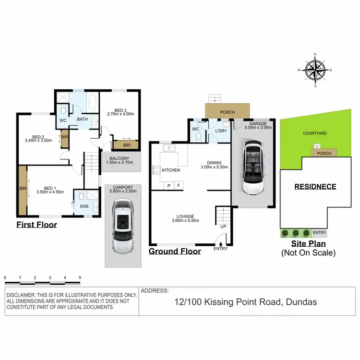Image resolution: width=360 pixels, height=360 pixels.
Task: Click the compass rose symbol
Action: tap(315, 71)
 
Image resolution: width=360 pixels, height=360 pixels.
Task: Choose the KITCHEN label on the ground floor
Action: tap(170, 170)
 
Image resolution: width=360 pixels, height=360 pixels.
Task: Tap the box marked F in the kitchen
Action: tap(179, 185)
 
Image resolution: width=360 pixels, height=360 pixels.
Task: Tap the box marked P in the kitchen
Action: tap(168, 185)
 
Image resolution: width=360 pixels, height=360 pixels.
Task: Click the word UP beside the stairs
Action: tap(223, 226)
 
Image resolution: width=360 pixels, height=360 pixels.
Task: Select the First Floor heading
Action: tap(36, 225)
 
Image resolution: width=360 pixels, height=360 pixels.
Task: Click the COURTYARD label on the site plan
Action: tap(315, 133)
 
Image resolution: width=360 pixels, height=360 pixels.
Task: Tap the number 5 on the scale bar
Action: tap(80, 278)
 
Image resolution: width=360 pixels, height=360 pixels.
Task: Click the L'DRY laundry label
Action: tap(221, 131)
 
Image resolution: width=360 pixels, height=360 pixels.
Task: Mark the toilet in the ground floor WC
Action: tap(199, 138)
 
